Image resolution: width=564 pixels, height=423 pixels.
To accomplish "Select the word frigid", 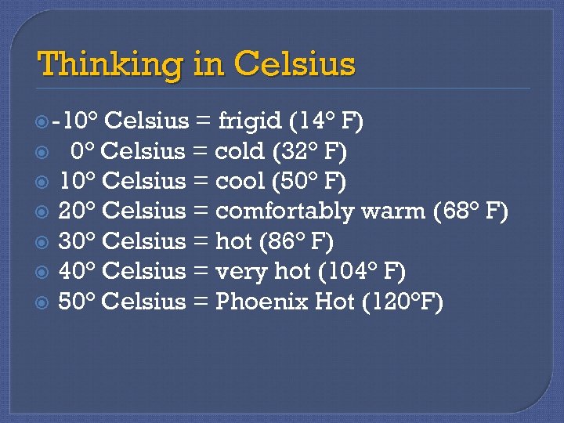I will click(249, 121).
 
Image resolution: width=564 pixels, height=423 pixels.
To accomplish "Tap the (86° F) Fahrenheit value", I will click(298, 241).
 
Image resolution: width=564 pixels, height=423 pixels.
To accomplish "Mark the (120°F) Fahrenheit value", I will click(402, 302).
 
